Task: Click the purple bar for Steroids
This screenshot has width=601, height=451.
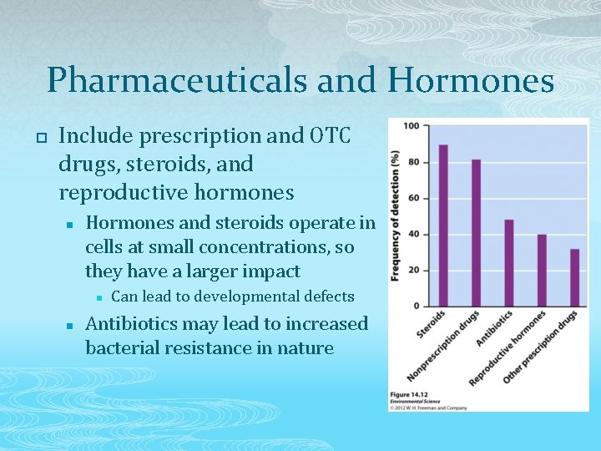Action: pos(443,225)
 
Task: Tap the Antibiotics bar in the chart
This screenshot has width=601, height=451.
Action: pos(508,262)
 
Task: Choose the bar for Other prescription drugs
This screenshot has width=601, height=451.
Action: pos(573,277)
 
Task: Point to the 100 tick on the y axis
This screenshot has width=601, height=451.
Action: pos(412,126)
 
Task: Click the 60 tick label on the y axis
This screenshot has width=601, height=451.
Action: pos(413,198)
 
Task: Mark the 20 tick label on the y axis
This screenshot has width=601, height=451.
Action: pos(413,270)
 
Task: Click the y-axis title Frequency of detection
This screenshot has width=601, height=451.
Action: pos(396,215)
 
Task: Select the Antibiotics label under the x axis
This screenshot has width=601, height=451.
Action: pos(495,329)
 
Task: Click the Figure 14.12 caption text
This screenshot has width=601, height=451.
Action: pos(408,393)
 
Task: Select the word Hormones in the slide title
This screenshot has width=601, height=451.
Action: pos(471,81)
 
